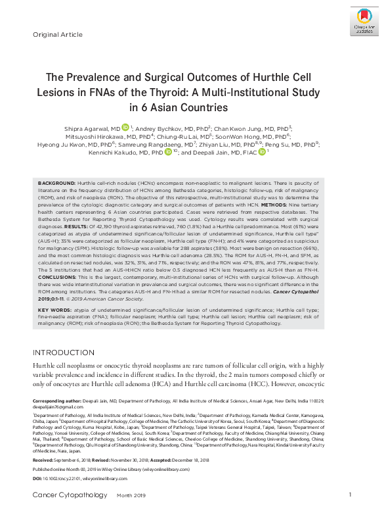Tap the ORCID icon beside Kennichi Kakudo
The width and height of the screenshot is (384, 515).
(168, 152)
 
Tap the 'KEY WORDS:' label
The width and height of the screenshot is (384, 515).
(54, 310)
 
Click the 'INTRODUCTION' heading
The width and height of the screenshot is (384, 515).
(64, 352)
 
